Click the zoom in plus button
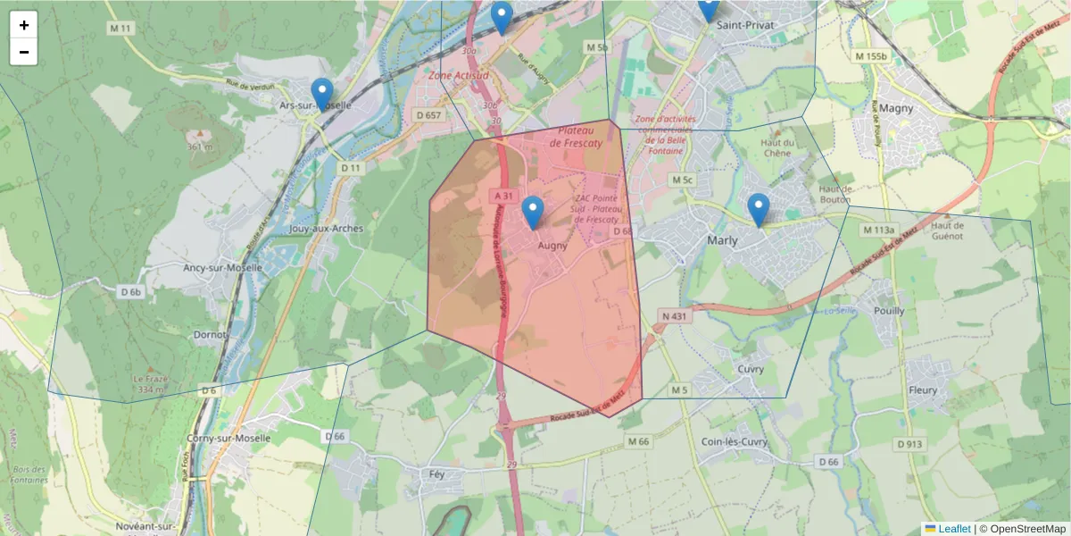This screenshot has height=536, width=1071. click(24, 25)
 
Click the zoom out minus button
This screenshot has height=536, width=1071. click(24, 52)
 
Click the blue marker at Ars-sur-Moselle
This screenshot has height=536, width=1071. click(322, 94)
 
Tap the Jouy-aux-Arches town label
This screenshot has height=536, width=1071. click(327, 229)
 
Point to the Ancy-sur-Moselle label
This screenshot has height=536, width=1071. click(222, 267)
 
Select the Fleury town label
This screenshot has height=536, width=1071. click(923, 390)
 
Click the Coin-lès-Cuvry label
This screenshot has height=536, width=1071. click(735, 441)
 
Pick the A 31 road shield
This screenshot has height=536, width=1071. click(502, 196)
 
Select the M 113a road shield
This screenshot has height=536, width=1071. click(877, 230)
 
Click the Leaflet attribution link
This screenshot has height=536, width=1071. click(954, 529)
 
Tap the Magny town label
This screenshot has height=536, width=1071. click(895, 108)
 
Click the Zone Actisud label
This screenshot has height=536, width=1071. click(458, 76)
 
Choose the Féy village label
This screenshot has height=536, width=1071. click(436, 474)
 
